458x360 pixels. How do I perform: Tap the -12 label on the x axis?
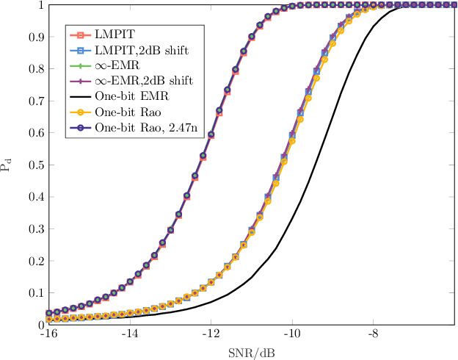tap(211, 334)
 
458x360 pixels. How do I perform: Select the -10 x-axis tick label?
tap(293, 334)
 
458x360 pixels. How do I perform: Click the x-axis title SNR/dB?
tap(252, 351)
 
